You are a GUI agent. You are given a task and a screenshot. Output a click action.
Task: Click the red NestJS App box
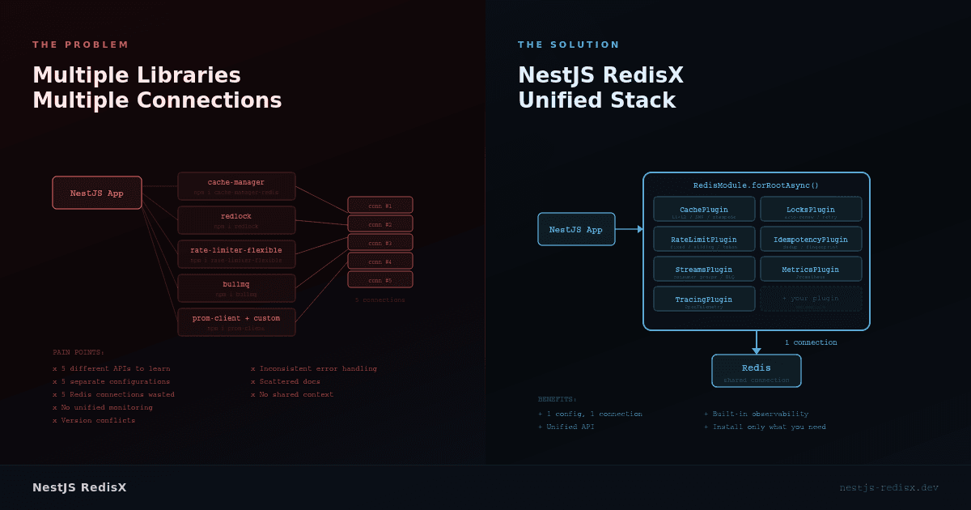(97, 193)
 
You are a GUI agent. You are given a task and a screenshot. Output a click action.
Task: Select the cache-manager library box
(236, 186)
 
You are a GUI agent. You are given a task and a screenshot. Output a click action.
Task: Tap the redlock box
(236, 220)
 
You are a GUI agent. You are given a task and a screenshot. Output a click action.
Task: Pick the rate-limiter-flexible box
(236, 254)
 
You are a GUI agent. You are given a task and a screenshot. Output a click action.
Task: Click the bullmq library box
(236, 288)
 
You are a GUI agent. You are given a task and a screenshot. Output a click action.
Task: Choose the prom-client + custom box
(236, 322)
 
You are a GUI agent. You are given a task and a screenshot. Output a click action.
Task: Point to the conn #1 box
(380, 205)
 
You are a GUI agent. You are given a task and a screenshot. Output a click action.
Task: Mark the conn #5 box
(380, 279)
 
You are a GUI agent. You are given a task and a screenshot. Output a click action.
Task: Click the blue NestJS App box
(576, 229)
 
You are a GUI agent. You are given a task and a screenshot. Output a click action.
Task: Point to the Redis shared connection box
(757, 371)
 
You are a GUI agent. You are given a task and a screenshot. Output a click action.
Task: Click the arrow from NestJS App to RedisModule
(629, 229)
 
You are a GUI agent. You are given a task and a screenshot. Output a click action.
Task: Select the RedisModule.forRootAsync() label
(756, 185)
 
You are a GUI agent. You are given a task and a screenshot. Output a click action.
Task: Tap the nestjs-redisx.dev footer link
(888, 487)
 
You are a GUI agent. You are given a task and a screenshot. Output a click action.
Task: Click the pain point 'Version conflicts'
(94, 420)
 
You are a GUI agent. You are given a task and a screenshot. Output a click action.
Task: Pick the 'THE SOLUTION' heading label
(569, 45)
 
